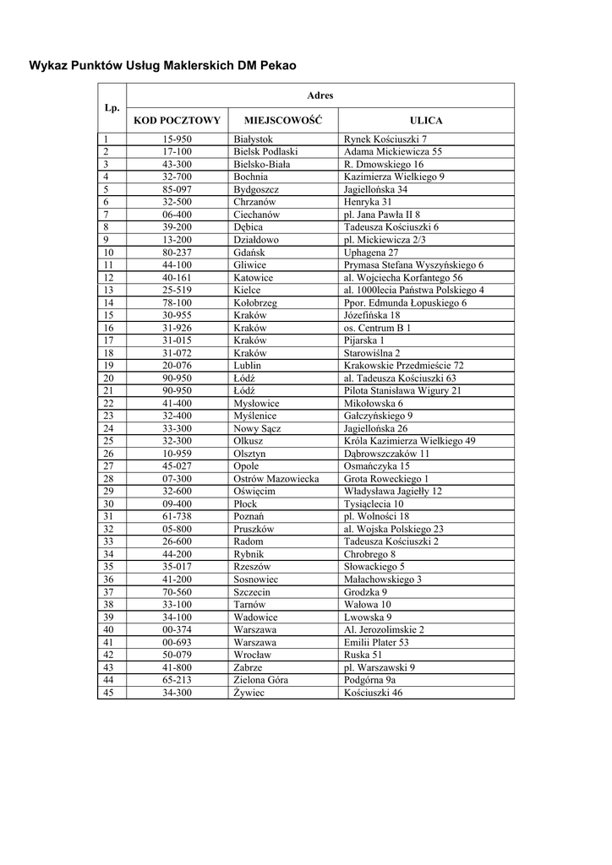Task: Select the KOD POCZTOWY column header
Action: pyautogui.click(x=178, y=121)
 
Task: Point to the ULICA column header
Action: pyautogui.click(x=426, y=121)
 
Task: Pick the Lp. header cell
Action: pyautogui.click(x=112, y=108)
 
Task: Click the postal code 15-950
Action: pyautogui.click(x=178, y=139)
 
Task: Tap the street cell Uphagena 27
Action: pyautogui.click(x=372, y=253)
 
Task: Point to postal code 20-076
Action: pyautogui.click(x=178, y=365)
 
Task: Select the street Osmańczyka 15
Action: pyautogui.click(x=377, y=466)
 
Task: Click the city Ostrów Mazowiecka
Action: pyautogui.click(x=276, y=479)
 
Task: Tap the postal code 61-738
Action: pyautogui.click(x=178, y=516)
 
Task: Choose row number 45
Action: pyautogui.click(x=108, y=693)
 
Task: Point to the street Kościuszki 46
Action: pyautogui.click(x=374, y=693)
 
